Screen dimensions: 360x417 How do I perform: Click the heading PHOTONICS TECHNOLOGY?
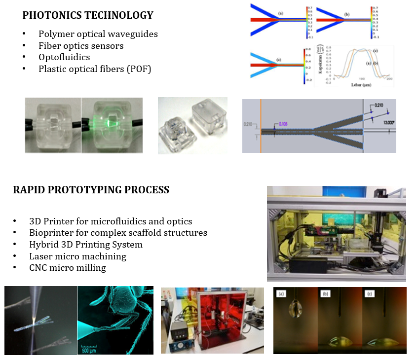point(88,15)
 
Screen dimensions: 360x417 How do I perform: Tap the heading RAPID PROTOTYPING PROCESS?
point(91,190)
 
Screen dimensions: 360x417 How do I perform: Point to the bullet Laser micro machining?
point(77,256)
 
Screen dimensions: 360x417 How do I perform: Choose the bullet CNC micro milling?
point(68,268)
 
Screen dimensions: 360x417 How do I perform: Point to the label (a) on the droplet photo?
point(281,294)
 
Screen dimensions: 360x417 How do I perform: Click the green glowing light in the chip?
point(113,120)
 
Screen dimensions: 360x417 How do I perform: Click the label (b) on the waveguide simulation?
point(346,15)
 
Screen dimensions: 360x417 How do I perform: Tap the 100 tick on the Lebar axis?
point(362,78)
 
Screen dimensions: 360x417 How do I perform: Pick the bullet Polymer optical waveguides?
point(98,35)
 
